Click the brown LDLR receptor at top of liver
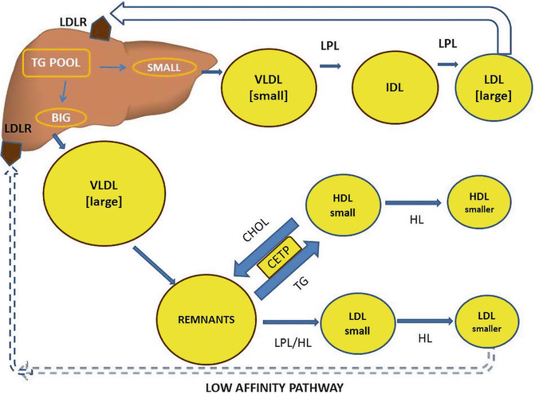coord(99,29)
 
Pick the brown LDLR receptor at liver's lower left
coord(12,151)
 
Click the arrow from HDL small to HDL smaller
coord(415,204)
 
